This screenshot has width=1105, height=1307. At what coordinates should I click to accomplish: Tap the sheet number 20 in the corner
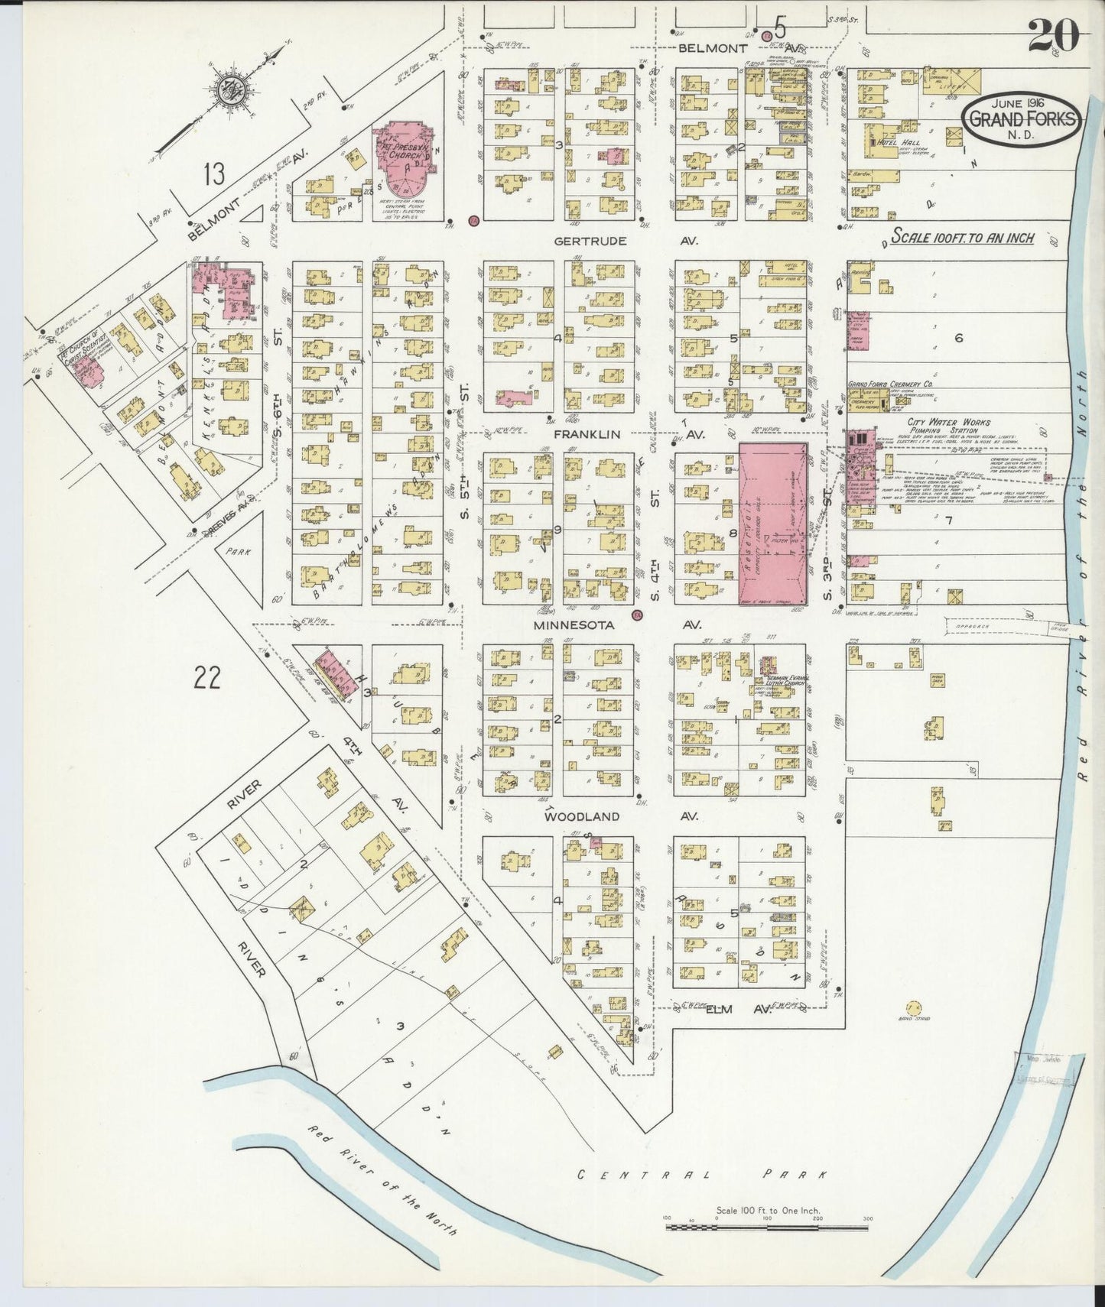click(x=1053, y=34)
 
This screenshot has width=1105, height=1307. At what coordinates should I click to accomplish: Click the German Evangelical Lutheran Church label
click(x=795, y=682)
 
